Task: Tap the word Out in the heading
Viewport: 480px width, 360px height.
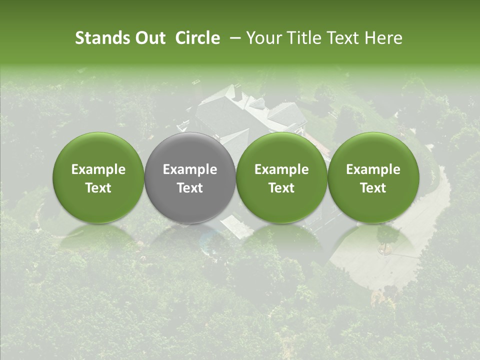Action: click(148, 38)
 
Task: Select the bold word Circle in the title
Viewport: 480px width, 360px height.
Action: click(197, 38)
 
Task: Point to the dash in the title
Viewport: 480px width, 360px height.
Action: click(233, 38)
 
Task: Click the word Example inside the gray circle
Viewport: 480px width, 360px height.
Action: click(190, 169)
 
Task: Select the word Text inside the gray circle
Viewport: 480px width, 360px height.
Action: click(190, 188)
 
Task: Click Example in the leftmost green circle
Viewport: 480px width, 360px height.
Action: click(98, 169)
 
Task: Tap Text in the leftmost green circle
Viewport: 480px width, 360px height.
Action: click(98, 188)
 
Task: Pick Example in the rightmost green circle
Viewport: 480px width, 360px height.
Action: click(373, 169)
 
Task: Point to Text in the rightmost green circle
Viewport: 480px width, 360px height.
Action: click(373, 188)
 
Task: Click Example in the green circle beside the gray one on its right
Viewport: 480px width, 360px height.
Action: click(281, 169)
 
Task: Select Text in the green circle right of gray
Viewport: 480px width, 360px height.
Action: click(281, 188)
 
